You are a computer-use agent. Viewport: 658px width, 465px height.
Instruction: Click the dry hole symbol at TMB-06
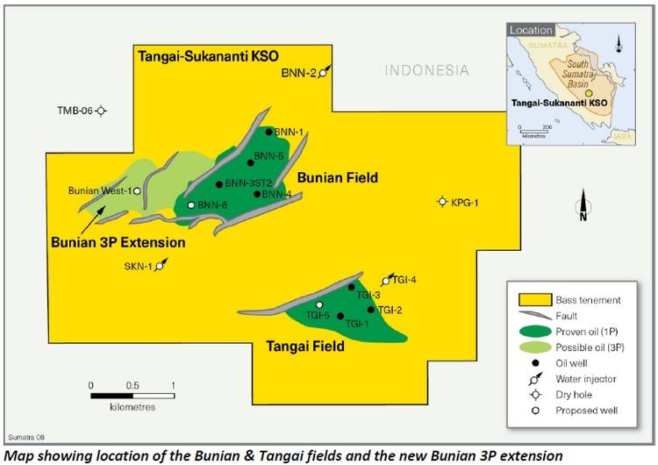(102, 111)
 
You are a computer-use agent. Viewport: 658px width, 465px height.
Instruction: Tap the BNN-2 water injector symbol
(324, 73)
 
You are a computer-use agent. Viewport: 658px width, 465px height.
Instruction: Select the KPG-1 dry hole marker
(442, 203)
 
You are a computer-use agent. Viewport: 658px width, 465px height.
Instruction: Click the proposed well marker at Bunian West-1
(137, 190)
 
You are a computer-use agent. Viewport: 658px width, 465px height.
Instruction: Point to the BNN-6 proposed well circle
(190, 205)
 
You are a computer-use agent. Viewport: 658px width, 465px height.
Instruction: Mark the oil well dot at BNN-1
(268, 132)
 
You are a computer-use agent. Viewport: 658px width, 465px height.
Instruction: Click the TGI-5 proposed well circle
(319, 304)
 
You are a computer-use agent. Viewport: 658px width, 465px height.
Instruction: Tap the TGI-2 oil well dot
(371, 309)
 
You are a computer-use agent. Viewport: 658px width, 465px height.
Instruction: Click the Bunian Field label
(338, 178)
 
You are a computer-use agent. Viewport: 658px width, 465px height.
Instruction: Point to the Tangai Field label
(304, 347)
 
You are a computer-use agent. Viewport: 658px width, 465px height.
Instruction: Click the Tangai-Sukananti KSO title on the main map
(208, 55)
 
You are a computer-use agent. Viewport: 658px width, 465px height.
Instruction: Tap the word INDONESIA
(428, 70)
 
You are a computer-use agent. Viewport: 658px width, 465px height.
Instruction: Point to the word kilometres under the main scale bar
(132, 407)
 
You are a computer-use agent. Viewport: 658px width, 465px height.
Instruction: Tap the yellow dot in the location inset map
(590, 92)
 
